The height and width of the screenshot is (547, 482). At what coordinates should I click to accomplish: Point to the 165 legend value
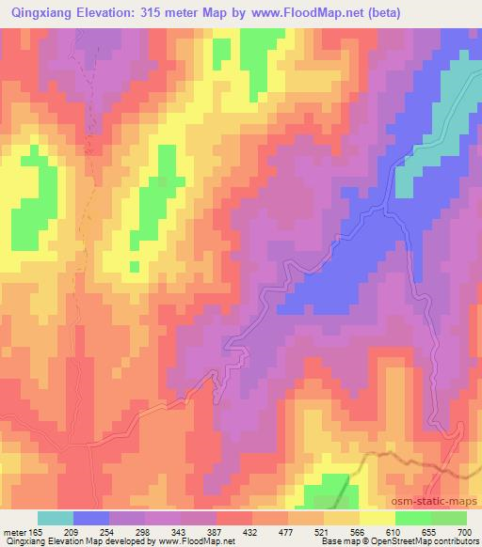click(x=37, y=533)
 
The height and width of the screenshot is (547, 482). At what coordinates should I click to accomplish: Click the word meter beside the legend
click(x=12, y=533)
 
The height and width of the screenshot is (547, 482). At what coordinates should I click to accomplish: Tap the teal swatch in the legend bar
click(x=56, y=519)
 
